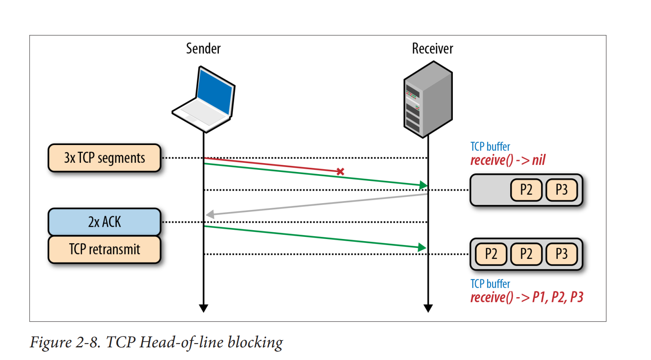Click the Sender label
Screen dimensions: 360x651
pos(203,48)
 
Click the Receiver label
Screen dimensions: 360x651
pos(432,48)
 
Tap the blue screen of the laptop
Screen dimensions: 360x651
pos(215,93)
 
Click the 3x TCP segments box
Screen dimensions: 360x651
pos(105,158)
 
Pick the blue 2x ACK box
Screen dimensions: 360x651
pos(105,222)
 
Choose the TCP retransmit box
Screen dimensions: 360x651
pos(105,250)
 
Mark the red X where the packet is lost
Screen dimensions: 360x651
pos(340,172)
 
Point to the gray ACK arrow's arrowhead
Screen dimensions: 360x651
pos(210,214)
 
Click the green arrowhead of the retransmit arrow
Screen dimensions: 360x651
pos(422,247)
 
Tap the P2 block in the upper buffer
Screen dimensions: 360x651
pos(526,190)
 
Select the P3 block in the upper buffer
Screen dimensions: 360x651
pos(561,190)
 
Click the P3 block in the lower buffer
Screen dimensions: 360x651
pos(561,254)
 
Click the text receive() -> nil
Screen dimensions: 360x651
pos(508,160)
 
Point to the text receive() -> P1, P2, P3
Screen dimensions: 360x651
pos(527,298)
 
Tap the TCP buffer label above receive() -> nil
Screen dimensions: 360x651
pos(490,147)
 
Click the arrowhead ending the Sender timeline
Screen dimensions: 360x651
pos(204,309)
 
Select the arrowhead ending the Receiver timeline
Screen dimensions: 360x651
pos(428,309)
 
